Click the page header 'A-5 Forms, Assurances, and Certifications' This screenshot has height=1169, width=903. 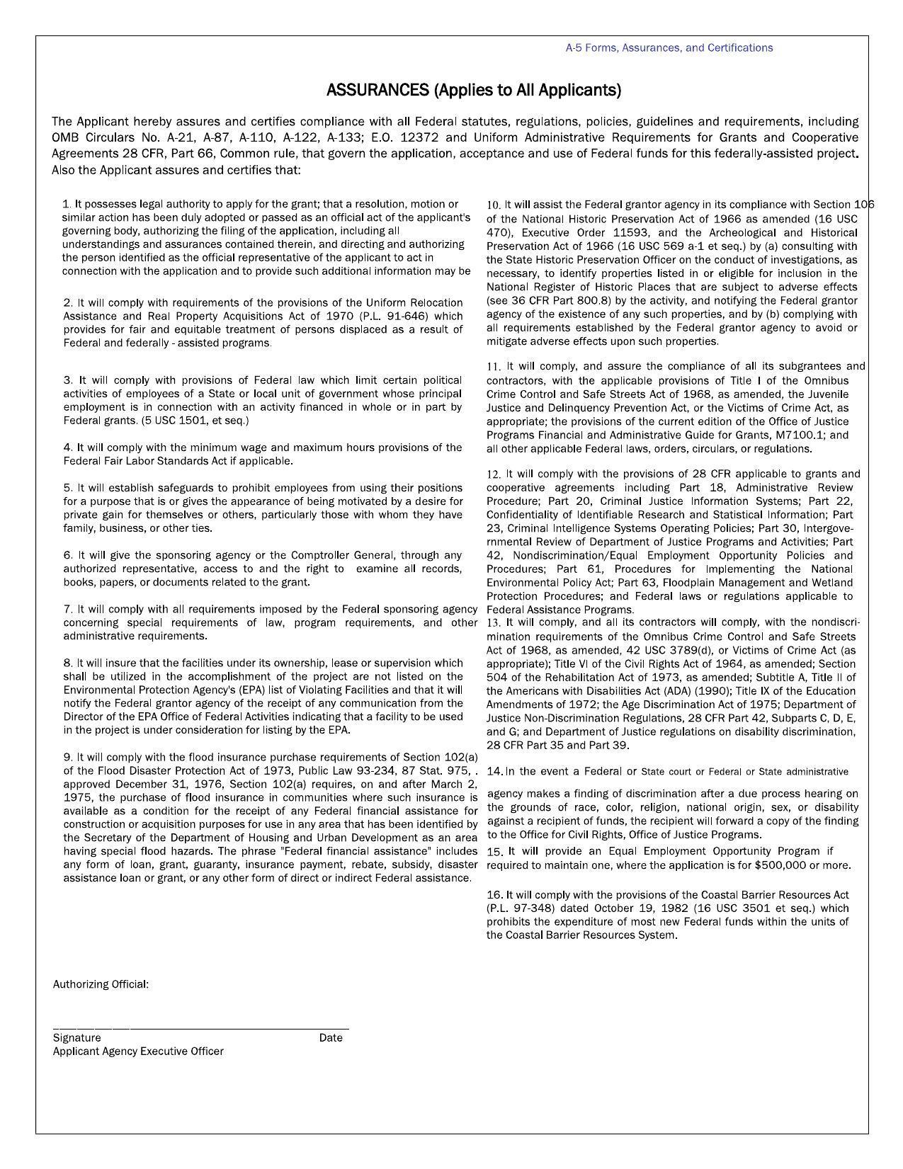click(669, 48)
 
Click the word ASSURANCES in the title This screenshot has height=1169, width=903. click(377, 90)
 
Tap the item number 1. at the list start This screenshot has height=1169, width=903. click(67, 204)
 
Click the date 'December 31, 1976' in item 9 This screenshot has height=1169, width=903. click(160, 785)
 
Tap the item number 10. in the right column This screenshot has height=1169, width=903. click(494, 205)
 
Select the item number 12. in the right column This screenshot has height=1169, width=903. click(494, 474)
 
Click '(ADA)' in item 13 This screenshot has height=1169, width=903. click(681, 691)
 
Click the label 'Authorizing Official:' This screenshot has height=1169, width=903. click(101, 985)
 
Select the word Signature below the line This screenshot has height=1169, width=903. click(76, 1038)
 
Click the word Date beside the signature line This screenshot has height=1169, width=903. click(330, 1038)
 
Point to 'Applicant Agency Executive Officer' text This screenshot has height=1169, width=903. click(138, 1051)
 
